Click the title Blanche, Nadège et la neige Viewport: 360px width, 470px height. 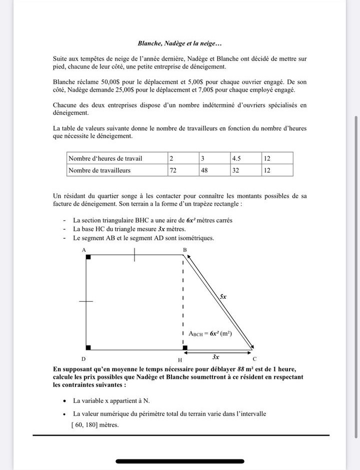point(180,45)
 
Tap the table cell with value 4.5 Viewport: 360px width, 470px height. point(245,158)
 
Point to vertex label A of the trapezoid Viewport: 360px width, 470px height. point(84,249)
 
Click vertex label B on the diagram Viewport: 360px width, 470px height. point(184,249)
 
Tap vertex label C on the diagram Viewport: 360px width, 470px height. point(254,358)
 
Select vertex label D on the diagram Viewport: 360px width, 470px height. point(84,358)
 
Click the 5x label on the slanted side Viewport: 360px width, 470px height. point(223,296)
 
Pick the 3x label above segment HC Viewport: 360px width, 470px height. point(216,357)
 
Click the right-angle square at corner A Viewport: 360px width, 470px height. point(88,257)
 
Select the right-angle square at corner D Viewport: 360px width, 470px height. point(88,347)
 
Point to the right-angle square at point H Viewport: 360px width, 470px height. point(185,347)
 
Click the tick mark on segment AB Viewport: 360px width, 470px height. point(134,254)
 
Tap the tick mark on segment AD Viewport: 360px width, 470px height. point(86,301)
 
